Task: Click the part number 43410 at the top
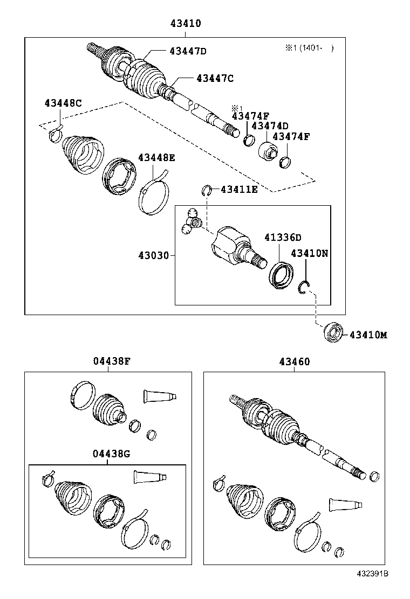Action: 186,24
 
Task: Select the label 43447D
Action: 188,51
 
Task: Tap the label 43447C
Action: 215,78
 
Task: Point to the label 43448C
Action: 63,103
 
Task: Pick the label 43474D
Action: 270,126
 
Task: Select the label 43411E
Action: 239,189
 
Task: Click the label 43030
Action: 155,255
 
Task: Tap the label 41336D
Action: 283,238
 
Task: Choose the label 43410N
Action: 309,253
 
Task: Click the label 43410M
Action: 368,335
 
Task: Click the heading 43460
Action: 295,361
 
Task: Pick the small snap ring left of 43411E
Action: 206,190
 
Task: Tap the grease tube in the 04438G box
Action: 149,477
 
